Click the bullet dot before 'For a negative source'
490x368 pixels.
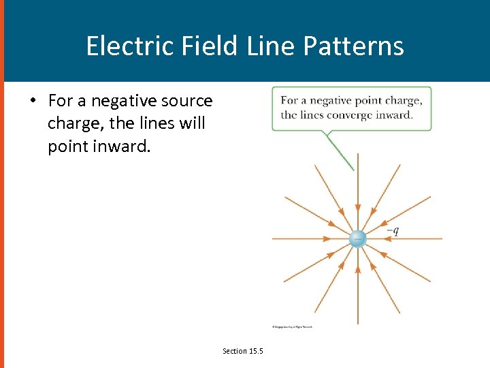(x=31, y=101)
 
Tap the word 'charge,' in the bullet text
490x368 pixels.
(x=76, y=124)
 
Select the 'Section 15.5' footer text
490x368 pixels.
(x=243, y=351)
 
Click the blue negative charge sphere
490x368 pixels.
(x=357, y=239)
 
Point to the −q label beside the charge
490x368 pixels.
(x=392, y=230)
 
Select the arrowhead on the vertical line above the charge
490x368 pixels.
(x=357, y=207)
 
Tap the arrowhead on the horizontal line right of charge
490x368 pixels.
(x=387, y=239)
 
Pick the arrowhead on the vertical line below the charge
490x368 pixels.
(x=357, y=269)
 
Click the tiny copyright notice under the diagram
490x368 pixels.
(x=292, y=327)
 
